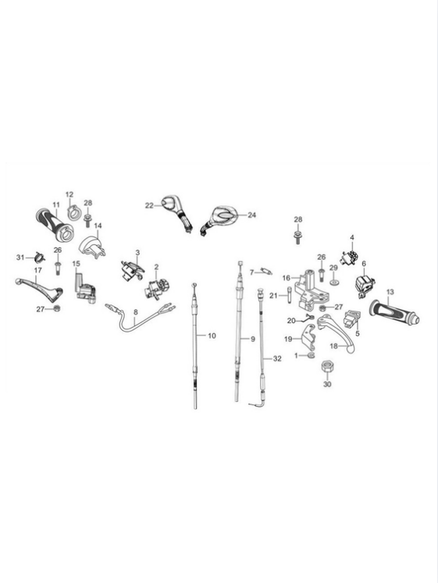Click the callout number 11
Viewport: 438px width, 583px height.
56,204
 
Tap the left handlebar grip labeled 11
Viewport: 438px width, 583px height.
55,225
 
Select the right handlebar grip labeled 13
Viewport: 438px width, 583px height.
394,311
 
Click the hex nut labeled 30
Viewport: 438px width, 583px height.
326,368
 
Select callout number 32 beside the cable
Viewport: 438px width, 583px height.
277,358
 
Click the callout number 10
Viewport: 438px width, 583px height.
212,336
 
